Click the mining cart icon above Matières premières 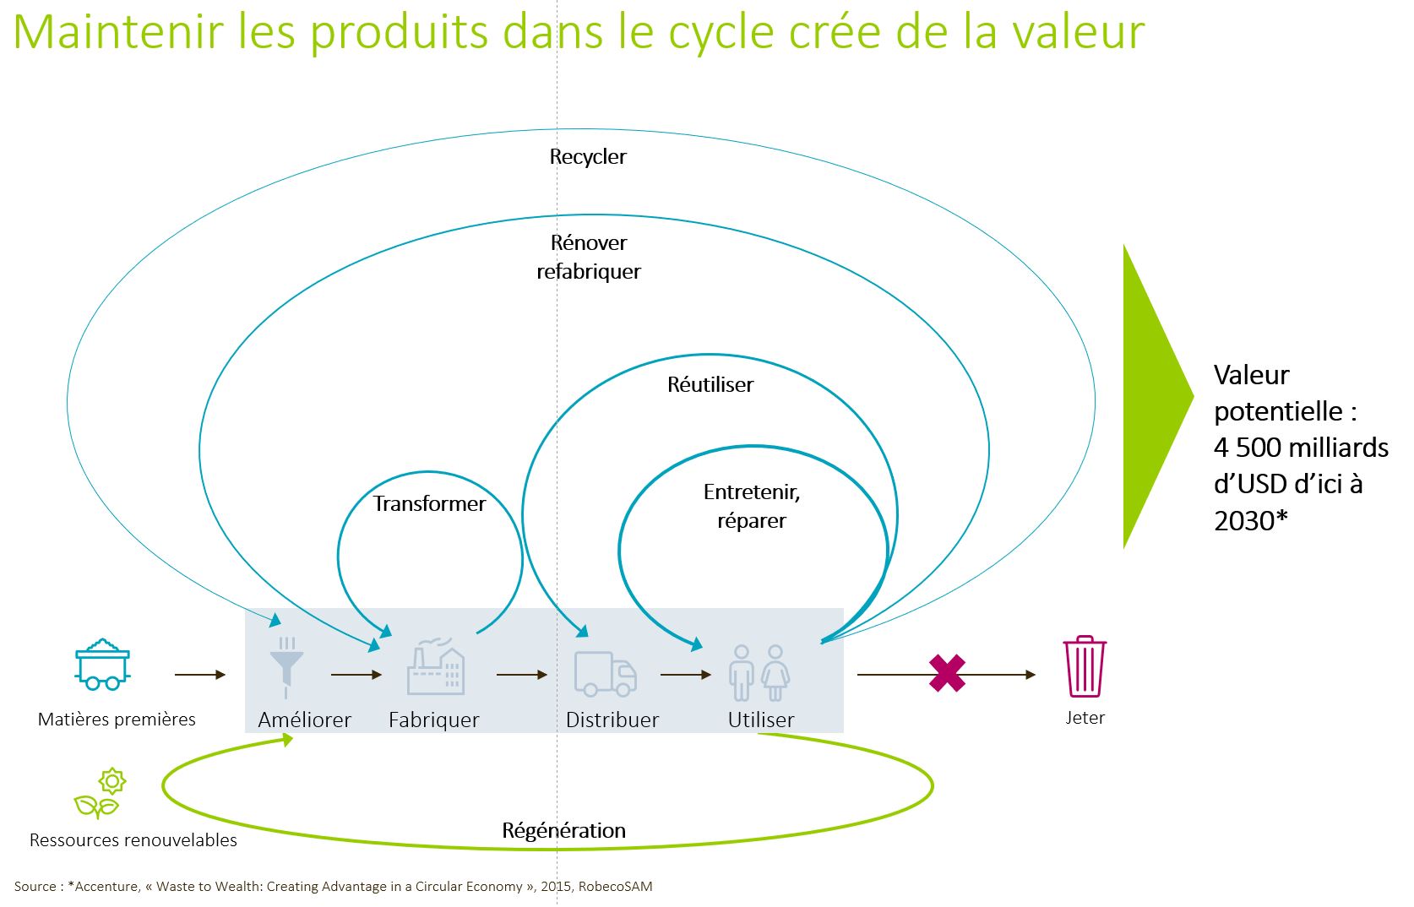102,665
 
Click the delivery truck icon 605,673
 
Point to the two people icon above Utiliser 759,673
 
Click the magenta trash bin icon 1085,666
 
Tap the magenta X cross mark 947,674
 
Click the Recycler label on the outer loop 588,157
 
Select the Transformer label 429,504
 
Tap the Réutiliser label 710,385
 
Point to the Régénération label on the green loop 563,831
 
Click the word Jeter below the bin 1085,718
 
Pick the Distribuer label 612,720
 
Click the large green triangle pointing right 1151,396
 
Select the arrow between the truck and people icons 686,675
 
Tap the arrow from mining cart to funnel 200,675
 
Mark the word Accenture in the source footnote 104,887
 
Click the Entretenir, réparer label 752,506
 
